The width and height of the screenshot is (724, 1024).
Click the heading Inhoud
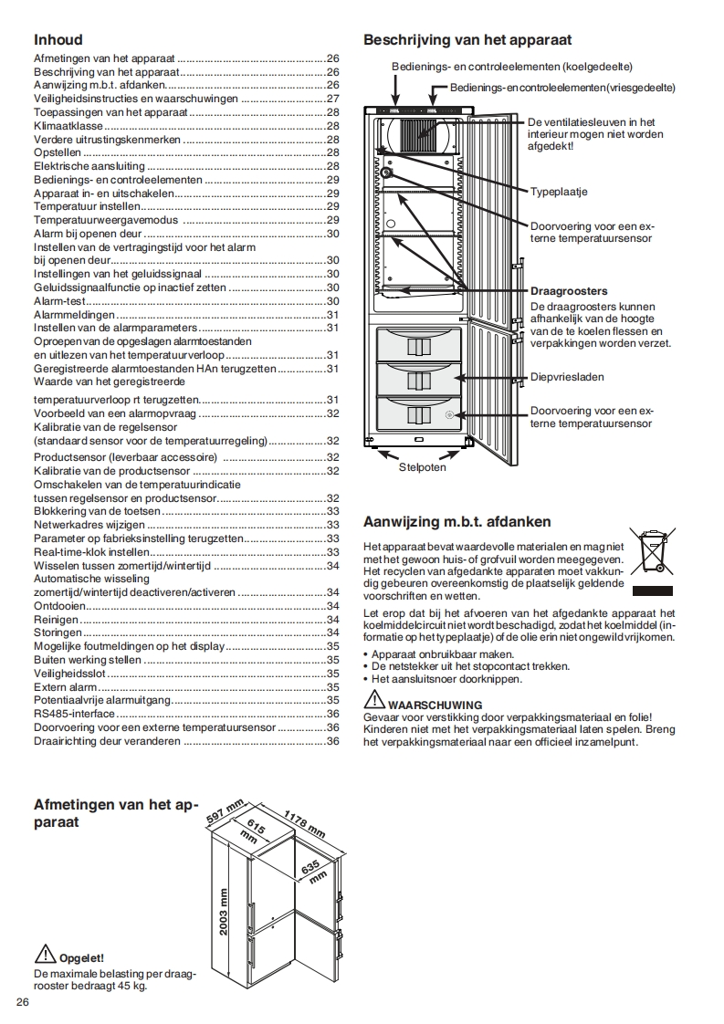point(58,39)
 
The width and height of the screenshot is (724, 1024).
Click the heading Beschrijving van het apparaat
point(467,39)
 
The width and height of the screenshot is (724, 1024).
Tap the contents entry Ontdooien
point(59,606)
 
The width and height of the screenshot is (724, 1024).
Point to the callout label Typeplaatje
point(558,192)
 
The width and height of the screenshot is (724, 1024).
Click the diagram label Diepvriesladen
point(567,376)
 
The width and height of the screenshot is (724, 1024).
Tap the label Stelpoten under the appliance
point(422,467)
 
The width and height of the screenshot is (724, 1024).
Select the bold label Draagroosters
point(569,291)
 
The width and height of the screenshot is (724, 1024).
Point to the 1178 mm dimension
point(303,824)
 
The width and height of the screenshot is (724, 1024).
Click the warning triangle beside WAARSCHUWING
point(374,700)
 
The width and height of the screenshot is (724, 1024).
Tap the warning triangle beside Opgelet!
point(45,955)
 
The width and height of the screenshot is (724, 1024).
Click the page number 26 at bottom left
point(23,1003)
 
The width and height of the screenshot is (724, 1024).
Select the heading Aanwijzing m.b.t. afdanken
point(456,522)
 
